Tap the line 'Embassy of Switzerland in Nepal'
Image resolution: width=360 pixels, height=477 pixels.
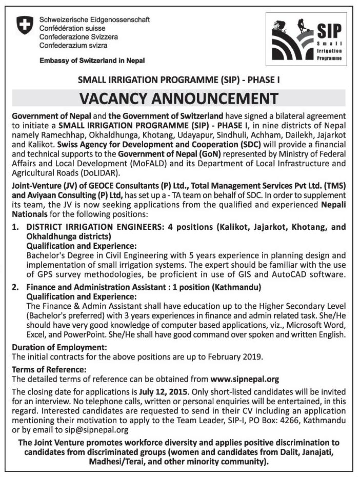coord(92,61)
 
